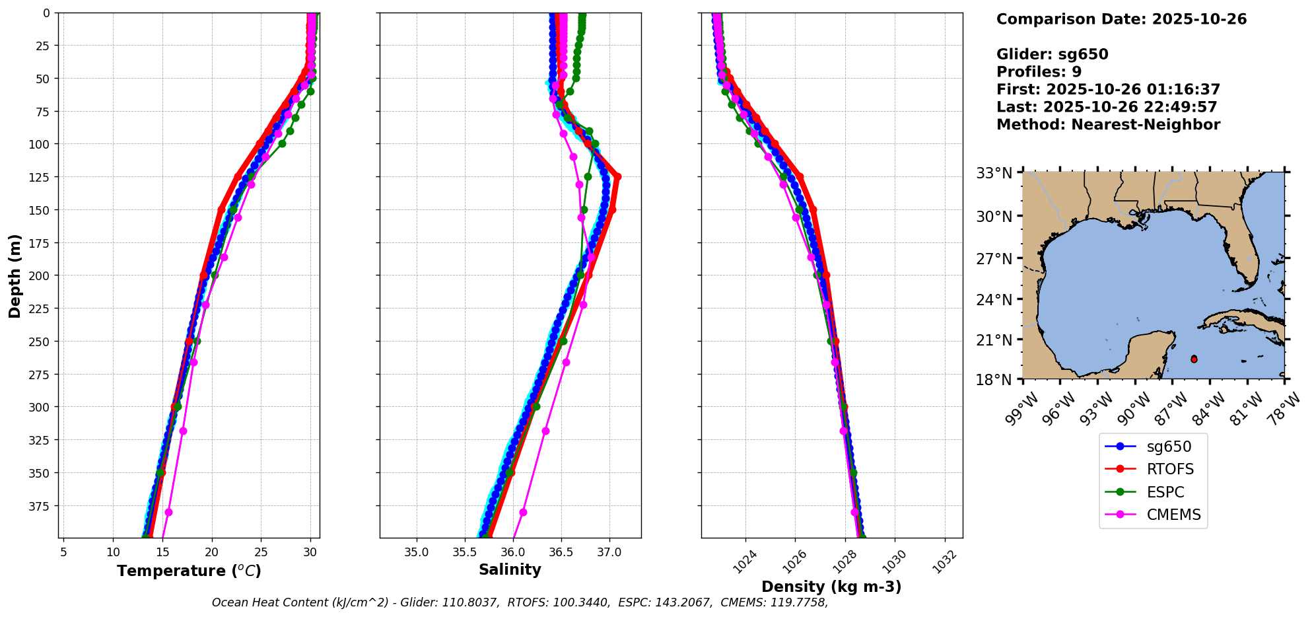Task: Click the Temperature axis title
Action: tap(189, 571)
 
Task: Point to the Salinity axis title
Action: tap(510, 569)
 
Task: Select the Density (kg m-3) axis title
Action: tap(831, 587)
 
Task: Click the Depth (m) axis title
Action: tap(15, 275)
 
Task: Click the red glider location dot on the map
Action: tap(1194, 359)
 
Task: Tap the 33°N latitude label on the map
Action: tap(994, 174)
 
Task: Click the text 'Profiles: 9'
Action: tap(1039, 72)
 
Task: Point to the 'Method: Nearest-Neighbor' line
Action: tap(1108, 124)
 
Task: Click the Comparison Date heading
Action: tap(1121, 19)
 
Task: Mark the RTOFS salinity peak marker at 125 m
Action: tap(617, 176)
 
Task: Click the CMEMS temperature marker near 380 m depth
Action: tap(168, 512)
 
